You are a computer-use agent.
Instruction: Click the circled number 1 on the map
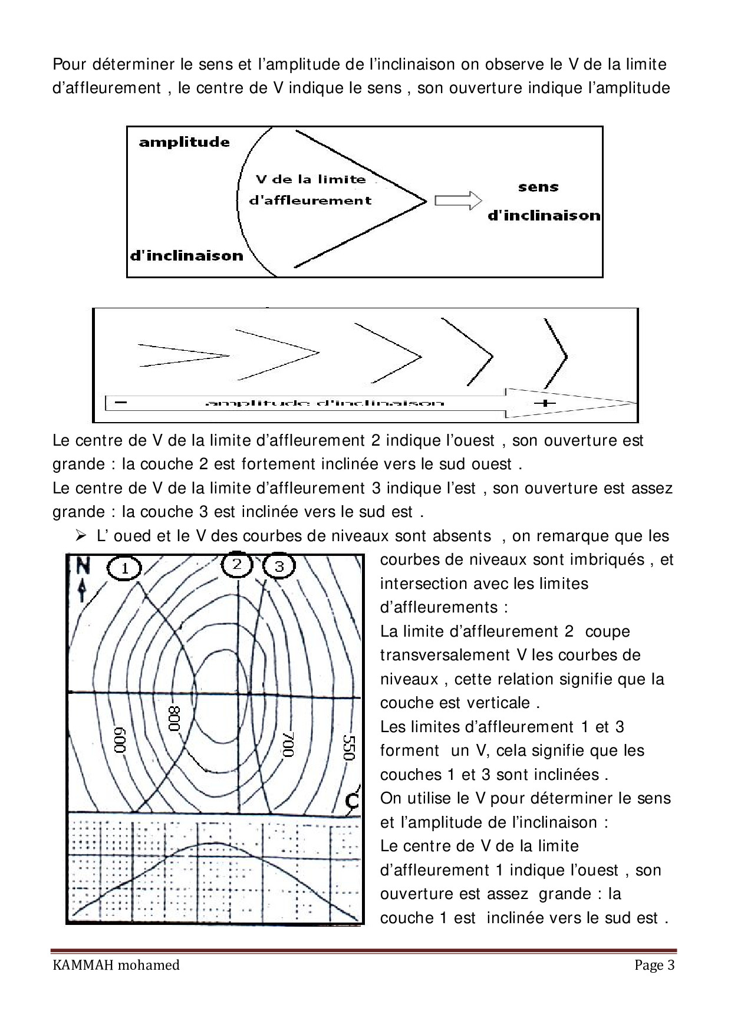[124, 569]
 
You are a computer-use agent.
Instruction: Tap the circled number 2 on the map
[237, 565]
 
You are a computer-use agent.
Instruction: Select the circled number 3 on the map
[279, 567]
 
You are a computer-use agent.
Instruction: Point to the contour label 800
[174, 718]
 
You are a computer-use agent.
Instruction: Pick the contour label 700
[288, 744]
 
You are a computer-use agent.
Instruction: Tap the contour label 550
[348, 747]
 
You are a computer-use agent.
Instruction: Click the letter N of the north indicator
[83, 566]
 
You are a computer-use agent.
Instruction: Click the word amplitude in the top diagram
[184, 142]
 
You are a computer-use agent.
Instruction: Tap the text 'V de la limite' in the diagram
[311, 179]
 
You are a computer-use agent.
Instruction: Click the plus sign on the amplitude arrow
[547, 403]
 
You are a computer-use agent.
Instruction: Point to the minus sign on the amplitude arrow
[121, 402]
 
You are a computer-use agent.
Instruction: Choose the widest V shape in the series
[555, 352]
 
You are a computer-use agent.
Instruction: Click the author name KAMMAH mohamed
[116, 965]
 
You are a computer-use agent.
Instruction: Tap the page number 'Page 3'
[654, 965]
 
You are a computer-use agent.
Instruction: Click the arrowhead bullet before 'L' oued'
[81, 536]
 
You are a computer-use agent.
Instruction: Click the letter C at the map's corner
[352, 801]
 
